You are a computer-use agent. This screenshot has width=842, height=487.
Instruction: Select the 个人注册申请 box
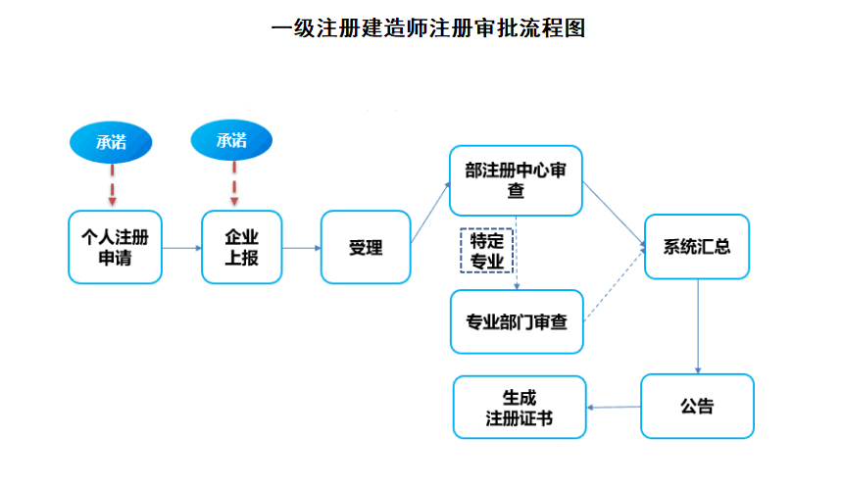pyautogui.click(x=115, y=247)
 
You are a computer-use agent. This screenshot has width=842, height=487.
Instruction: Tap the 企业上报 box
pyautogui.click(x=241, y=247)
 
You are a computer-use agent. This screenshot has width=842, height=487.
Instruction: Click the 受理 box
pyautogui.click(x=365, y=247)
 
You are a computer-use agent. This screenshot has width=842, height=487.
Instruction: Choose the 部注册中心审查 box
pyautogui.click(x=516, y=180)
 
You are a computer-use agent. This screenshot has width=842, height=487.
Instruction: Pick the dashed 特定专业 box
pyautogui.click(x=487, y=250)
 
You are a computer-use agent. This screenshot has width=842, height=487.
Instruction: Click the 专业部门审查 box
pyautogui.click(x=516, y=321)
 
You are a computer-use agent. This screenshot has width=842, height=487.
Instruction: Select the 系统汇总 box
pyautogui.click(x=697, y=247)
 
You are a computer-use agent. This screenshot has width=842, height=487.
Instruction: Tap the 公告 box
pyautogui.click(x=697, y=406)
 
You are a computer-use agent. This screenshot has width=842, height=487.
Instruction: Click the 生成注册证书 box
pyautogui.click(x=520, y=407)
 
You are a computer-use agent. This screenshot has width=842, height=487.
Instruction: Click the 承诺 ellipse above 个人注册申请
pyautogui.click(x=111, y=142)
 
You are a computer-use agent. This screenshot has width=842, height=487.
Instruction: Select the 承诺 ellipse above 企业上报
pyautogui.click(x=232, y=142)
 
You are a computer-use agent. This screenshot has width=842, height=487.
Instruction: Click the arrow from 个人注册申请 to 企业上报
pyautogui.click(x=181, y=248)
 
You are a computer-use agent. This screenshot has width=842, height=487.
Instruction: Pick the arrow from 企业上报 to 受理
pyautogui.click(x=301, y=248)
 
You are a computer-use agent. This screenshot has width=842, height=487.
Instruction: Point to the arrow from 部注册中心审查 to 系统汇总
pyautogui.click(x=614, y=214)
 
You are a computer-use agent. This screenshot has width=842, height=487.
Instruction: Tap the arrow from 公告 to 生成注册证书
pyautogui.click(x=613, y=407)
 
